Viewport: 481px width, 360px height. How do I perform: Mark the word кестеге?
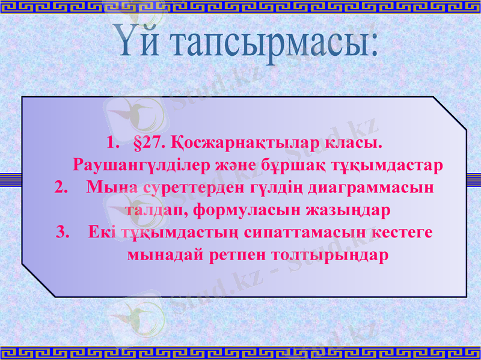coord(400,231)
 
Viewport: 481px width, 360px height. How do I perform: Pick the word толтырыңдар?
coord(329,254)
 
